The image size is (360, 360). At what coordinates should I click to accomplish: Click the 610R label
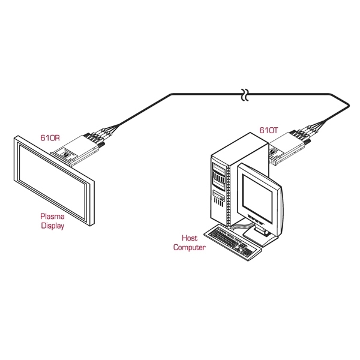click(x=50, y=138)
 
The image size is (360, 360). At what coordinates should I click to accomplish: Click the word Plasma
click(x=52, y=217)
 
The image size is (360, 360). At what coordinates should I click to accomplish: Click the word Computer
click(x=190, y=247)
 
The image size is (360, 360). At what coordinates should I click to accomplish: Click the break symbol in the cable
click(x=244, y=95)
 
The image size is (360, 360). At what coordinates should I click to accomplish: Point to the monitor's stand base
click(x=264, y=235)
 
